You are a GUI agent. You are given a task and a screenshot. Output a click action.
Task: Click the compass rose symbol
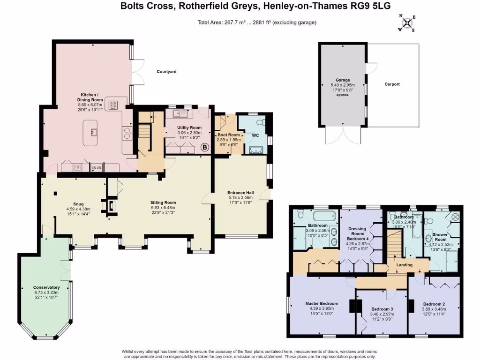[x=408, y=22]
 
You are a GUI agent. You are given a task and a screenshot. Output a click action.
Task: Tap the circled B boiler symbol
[x=204, y=148]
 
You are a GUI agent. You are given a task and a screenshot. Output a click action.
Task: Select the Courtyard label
[x=166, y=72]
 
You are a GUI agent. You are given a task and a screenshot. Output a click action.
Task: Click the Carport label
[x=392, y=84]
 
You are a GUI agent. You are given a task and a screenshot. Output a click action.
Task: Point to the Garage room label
[x=343, y=80]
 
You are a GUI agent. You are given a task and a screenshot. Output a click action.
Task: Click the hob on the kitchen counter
[x=113, y=105]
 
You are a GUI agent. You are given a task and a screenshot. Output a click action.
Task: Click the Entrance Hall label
[x=240, y=193]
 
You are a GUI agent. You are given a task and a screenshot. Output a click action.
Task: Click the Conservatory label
[x=46, y=287]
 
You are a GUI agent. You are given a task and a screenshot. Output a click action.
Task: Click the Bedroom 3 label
[x=382, y=309]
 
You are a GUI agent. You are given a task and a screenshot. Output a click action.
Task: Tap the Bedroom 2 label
[x=434, y=303]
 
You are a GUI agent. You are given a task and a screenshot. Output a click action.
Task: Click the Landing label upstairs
[x=404, y=265]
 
